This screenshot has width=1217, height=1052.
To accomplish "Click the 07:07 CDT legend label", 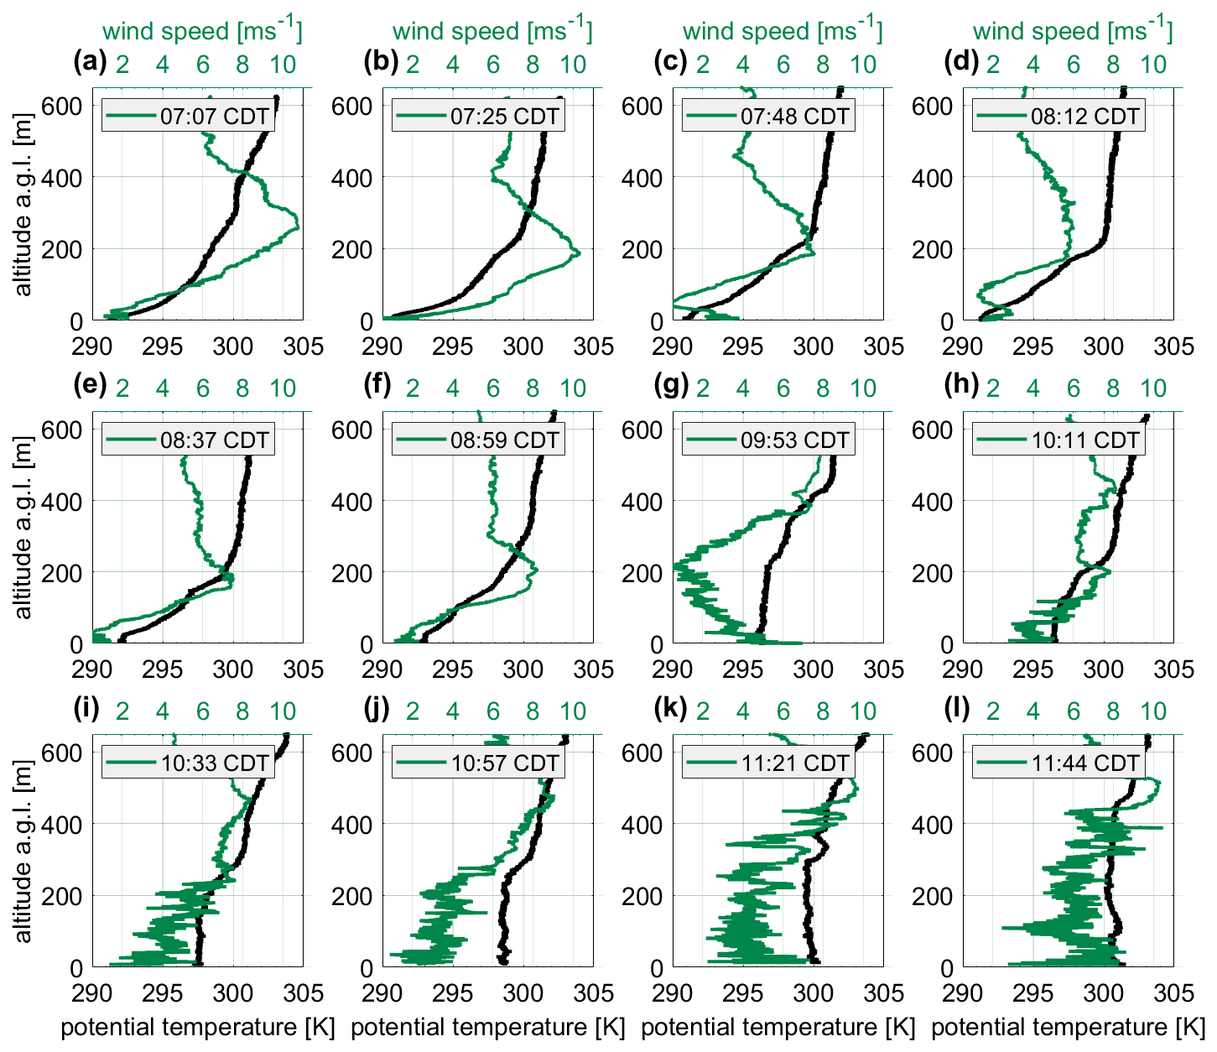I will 215,116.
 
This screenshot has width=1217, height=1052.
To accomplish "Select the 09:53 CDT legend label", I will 795,440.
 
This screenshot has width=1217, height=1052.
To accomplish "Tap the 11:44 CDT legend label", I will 1085,763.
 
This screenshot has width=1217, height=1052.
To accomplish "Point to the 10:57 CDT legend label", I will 505,763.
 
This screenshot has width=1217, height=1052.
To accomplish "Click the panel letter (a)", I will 90,60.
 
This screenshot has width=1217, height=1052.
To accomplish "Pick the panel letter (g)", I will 671,384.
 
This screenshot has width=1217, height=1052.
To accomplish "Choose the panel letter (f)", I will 380,384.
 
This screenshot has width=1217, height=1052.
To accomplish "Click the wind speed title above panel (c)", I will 782,31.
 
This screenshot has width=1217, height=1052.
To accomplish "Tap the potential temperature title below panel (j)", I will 488,1027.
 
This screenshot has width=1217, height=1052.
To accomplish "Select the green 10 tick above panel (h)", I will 1154,388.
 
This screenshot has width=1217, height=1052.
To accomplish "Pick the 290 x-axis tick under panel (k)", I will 673,993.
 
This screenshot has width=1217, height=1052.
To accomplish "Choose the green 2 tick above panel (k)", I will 702,711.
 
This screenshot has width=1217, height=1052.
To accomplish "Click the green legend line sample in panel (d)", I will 1001,116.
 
